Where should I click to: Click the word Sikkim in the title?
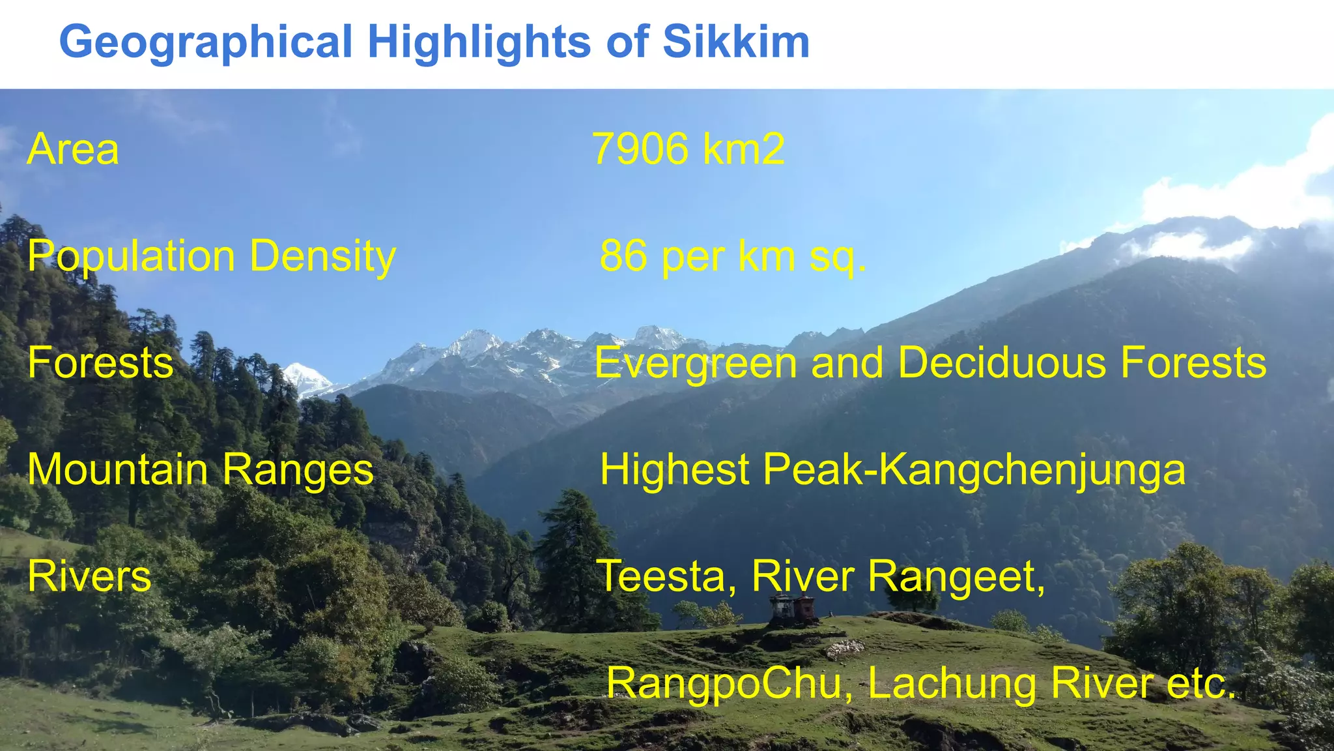click(x=736, y=42)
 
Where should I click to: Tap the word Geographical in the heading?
click(x=206, y=43)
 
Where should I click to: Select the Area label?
click(x=73, y=149)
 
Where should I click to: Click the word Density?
click(x=323, y=256)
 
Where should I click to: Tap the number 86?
click(x=623, y=256)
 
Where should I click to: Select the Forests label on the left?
click(x=100, y=362)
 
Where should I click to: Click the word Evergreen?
click(x=696, y=364)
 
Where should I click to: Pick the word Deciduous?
click(x=1002, y=362)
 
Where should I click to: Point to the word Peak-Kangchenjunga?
click(x=974, y=471)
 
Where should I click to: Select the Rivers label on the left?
click(x=89, y=576)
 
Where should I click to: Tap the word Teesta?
click(x=667, y=576)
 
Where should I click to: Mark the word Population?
click(x=131, y=257)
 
